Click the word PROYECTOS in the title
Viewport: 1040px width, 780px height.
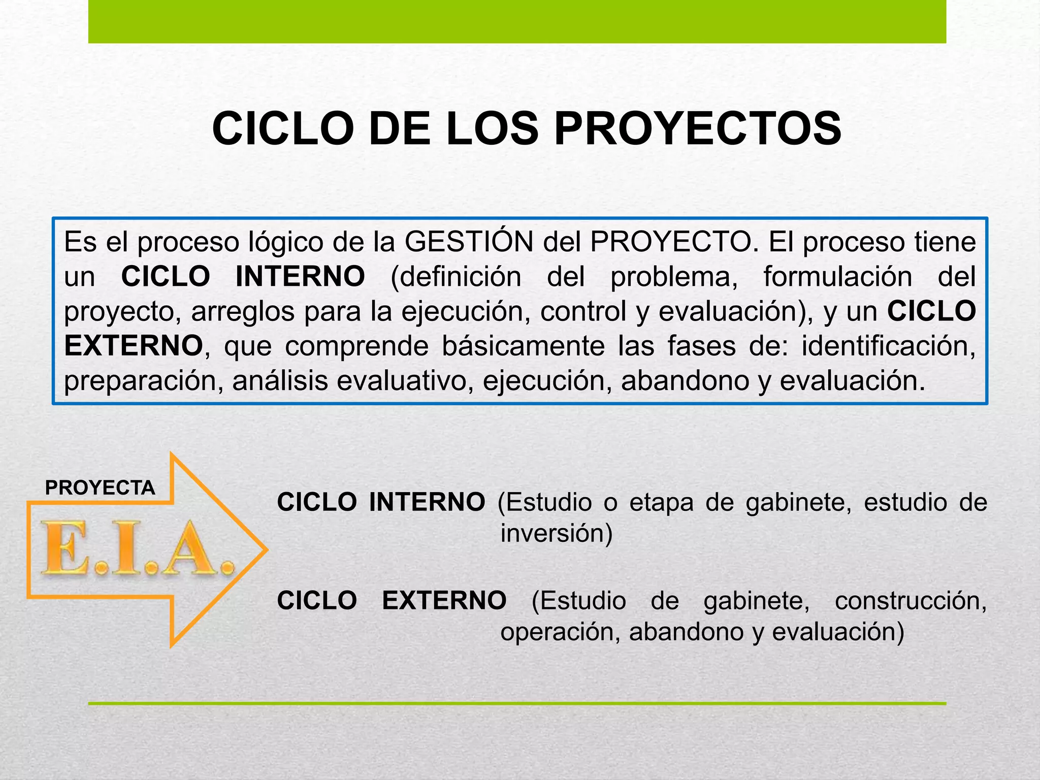(x=698, y=129)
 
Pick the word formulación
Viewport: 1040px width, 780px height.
(x=838, y=277)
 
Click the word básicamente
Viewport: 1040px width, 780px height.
(x=523, y=346)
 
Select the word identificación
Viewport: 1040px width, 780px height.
(x=889, y=346)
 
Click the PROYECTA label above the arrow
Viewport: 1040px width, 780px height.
(x=100, y=488)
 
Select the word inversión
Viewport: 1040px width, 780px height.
(x=557, y=533)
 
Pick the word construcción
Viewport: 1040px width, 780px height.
(x=911, y=601)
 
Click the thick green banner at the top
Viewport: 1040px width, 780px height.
(x=517, y=21)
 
